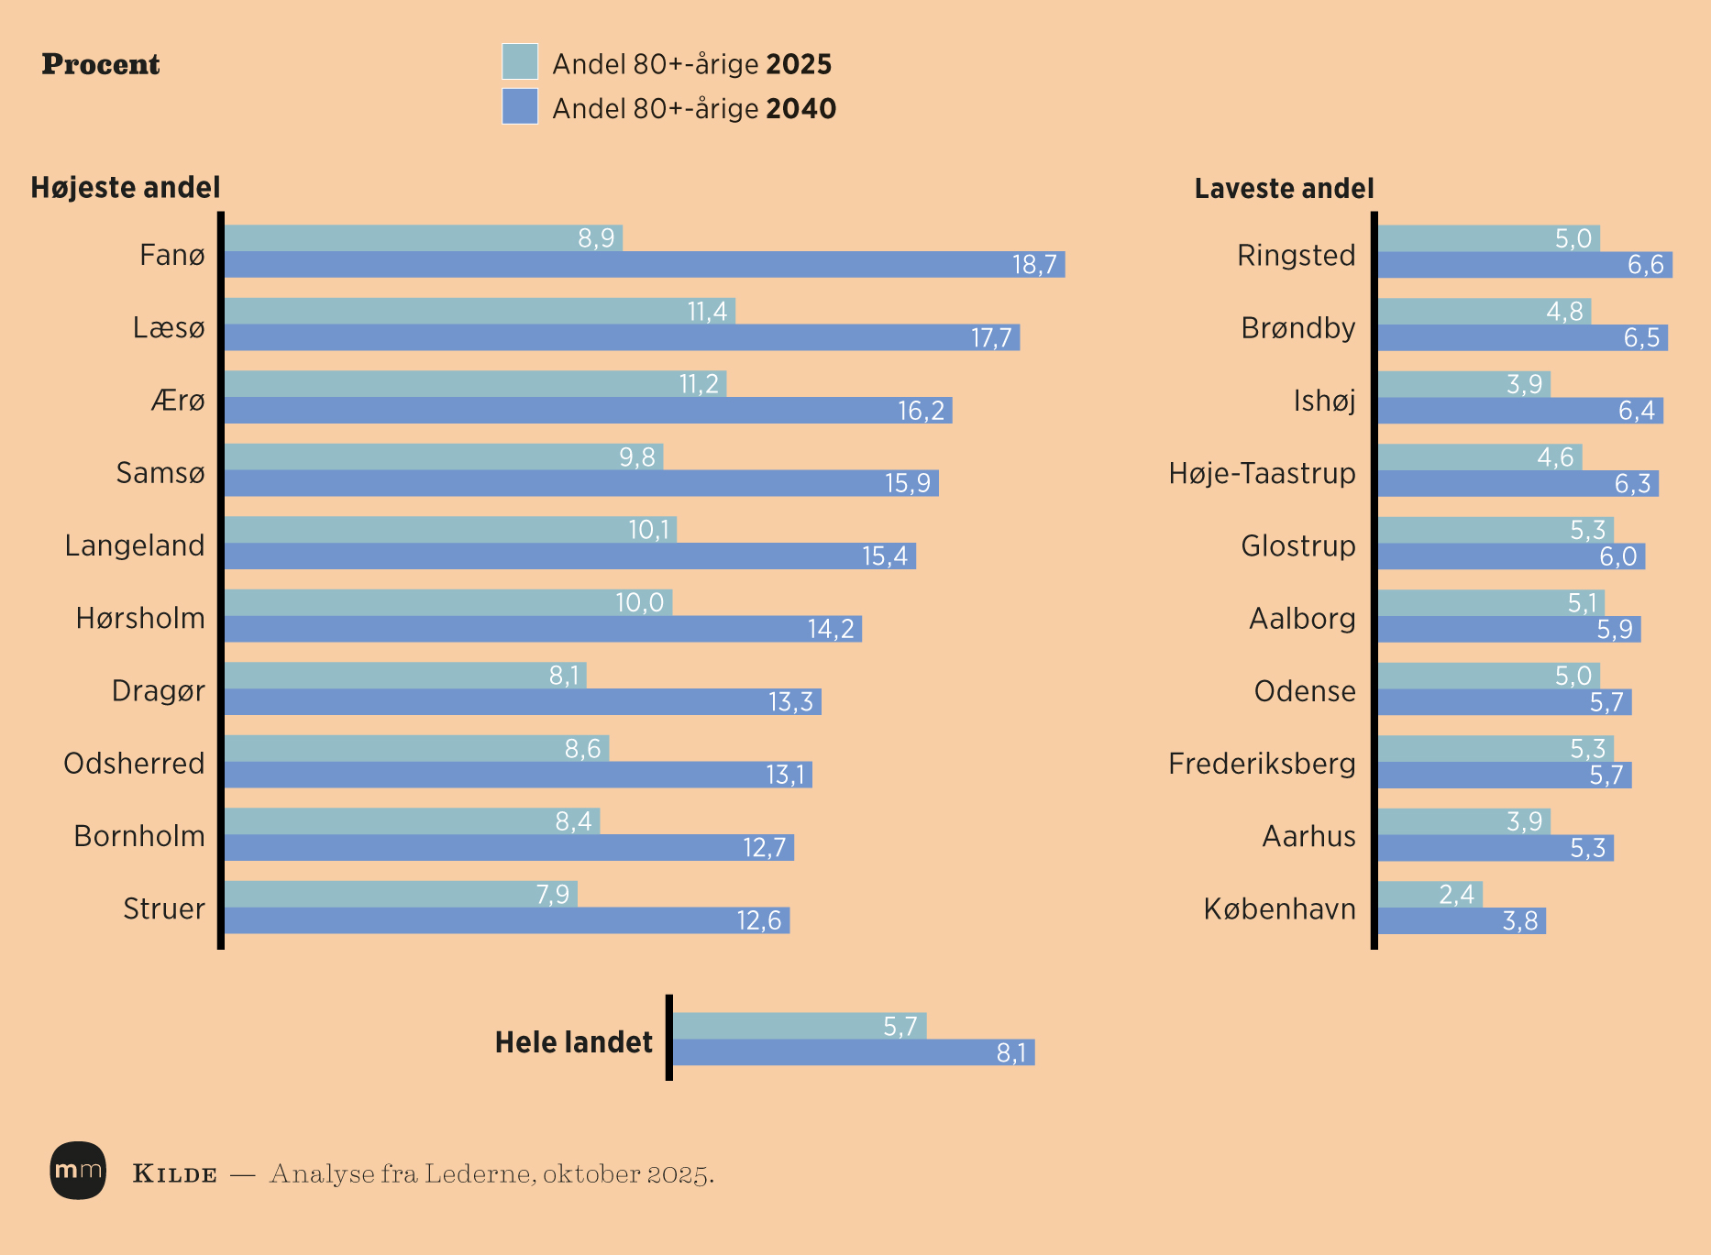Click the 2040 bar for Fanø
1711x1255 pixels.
pos(642,265)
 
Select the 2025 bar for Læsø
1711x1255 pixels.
pos(477,311)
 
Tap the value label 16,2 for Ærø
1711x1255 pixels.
pos(921,411)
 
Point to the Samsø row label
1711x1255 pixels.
pos(160,473)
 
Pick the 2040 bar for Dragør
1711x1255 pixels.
pos(523,702)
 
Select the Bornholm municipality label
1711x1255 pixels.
pos(139,836)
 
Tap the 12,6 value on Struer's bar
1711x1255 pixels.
pos(759,920)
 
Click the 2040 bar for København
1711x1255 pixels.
pos(1462,921)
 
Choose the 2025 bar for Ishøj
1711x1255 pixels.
pos(1463,384)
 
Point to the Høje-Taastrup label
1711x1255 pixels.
pos(1262,473)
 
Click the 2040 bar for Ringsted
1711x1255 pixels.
pos(1524,265)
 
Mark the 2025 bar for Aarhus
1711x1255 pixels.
pos(1463,821)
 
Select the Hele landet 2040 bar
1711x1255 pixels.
pos(853,1052)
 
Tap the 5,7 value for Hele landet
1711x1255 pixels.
pos(900,1027)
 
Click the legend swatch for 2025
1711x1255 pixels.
pos(520,61)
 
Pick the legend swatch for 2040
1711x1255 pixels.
pos(520,106)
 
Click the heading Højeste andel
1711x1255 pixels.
pos(126,188)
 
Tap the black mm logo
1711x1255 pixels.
pos(78,1171)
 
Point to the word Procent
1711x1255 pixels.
pos(101,64)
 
